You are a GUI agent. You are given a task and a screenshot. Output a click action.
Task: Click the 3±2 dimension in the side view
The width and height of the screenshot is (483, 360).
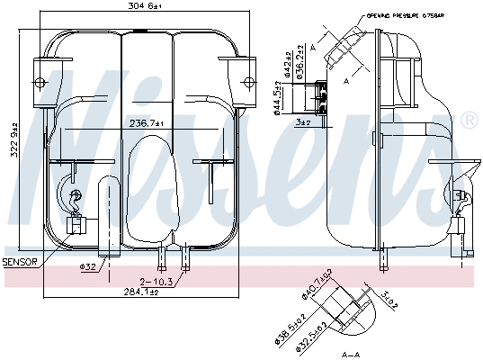304,121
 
